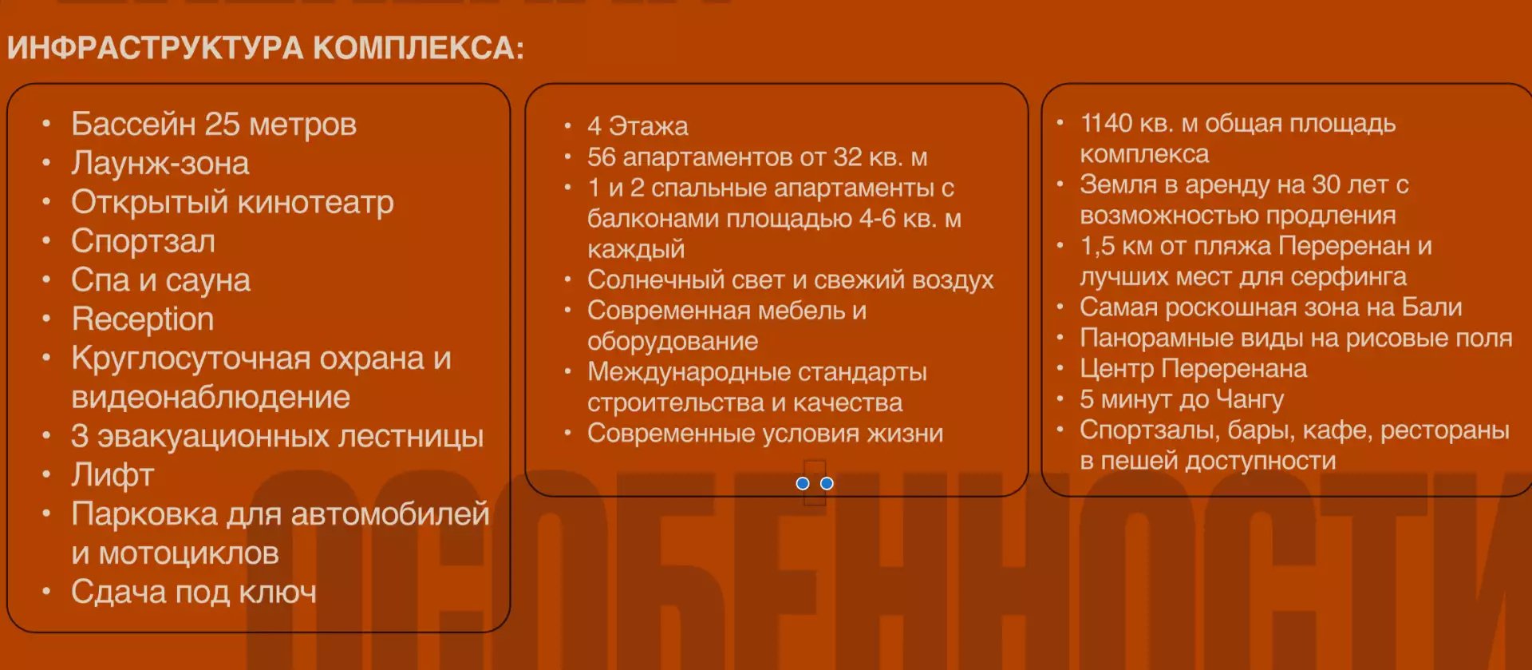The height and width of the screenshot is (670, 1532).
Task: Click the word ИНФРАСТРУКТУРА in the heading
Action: (156, 48)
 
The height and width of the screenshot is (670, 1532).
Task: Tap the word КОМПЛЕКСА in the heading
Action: (418, 48)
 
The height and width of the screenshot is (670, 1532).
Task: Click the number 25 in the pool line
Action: (222, 124)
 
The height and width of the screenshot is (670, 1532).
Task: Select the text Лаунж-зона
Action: (160, 163)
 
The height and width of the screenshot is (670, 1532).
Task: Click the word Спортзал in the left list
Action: (143, 241)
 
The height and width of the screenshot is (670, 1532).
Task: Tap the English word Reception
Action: (143, 319)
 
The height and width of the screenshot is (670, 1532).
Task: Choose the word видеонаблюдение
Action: (211, 397)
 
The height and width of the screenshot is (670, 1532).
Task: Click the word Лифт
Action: (113, 475)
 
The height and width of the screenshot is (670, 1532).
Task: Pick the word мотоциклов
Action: (189, 553)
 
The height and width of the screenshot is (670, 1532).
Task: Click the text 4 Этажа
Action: (638, 126)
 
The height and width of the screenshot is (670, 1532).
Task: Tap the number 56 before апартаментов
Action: (602, 157)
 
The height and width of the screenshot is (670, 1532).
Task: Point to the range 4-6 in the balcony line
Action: (878, 218)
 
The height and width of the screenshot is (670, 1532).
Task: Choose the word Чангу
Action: (1250, 398)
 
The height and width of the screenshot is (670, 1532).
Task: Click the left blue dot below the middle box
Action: (803, 484)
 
